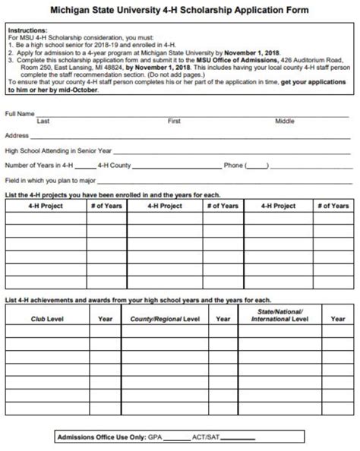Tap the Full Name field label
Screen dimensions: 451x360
coord(20,113)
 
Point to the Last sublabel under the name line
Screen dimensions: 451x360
coord(43,121)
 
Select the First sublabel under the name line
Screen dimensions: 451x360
coord(174,121)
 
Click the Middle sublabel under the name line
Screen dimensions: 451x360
coord(285,121)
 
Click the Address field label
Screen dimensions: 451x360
coord(17,135)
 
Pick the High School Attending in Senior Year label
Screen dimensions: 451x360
coord(58,150)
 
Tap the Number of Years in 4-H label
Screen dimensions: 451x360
coord(39,166)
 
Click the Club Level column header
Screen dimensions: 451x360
coord(47,319)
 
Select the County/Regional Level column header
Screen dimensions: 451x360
coord(165,319)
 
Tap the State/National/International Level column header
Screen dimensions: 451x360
coord(279,316)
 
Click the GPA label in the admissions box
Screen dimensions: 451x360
coord(156,438)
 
